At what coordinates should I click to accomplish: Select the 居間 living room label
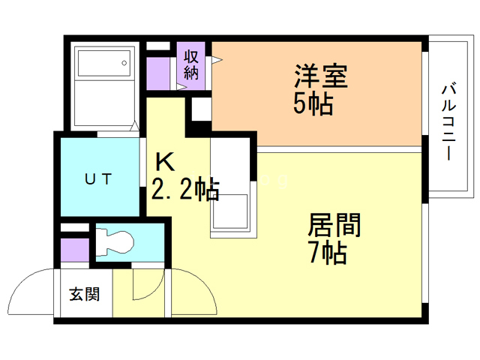click(x=335, y=225)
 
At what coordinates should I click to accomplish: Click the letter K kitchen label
click(x=165, y=162)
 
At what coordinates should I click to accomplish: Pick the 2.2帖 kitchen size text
click(x=185, y=190)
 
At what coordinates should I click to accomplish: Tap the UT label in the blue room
click(x=98, y=178)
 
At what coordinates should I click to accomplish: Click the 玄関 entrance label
click(x=84, y=293)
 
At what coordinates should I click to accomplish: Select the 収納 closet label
click(x=192, y=64)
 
